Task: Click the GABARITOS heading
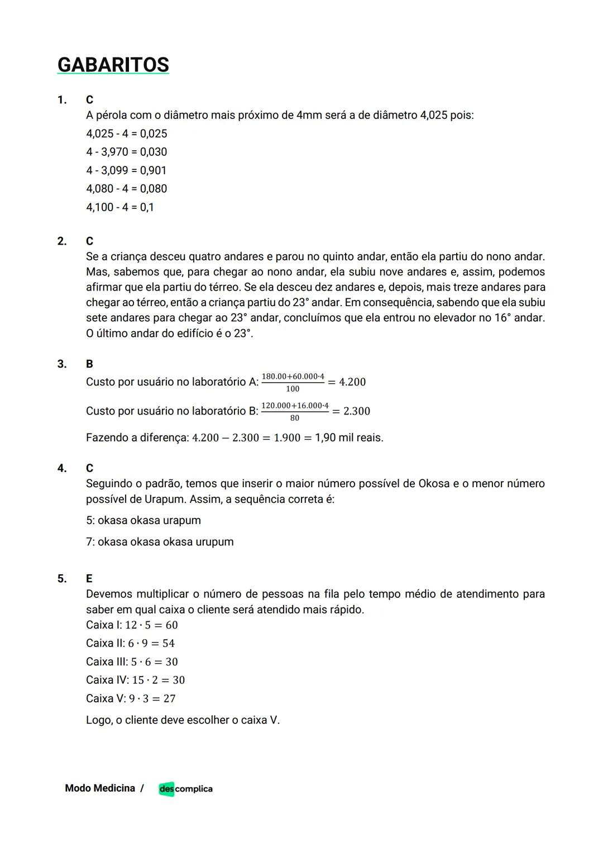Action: click(113, 65)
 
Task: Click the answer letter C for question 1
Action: click(89, 100)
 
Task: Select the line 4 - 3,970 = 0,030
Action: click(126, 152)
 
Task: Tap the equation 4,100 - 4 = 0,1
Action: click(120, 207)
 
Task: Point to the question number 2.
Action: click(61, 241)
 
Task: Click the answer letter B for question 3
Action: click(89, 364)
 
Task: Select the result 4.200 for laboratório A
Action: click(352, 382)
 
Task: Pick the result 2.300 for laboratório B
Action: click(357, 411)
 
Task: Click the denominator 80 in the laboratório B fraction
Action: click(294, 418)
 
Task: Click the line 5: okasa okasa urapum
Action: click(143, 521)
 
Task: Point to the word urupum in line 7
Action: click(214, 542)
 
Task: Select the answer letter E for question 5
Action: click(89, 579)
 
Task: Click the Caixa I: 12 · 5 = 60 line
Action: click(132, 625)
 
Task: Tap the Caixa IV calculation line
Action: click(135, 680)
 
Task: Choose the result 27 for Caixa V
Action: click(169, 699)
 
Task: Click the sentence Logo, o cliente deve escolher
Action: click(183, 720)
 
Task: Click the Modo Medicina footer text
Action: click(100, 788)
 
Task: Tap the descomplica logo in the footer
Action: click(185, 789)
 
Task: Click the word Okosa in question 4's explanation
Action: click(434, 484)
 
